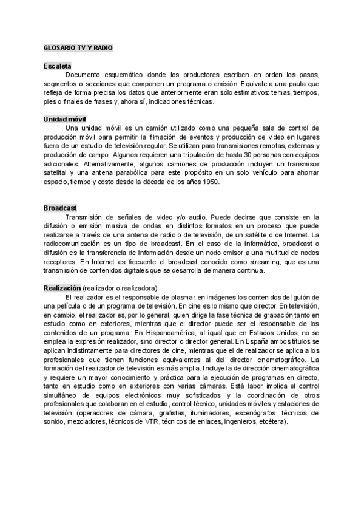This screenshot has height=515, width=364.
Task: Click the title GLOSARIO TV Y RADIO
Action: point(78,47)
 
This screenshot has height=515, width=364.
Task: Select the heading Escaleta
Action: point(58,66)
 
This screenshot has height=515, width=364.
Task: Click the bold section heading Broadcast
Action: point(60,208)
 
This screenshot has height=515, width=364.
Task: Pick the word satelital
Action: point(58,172)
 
